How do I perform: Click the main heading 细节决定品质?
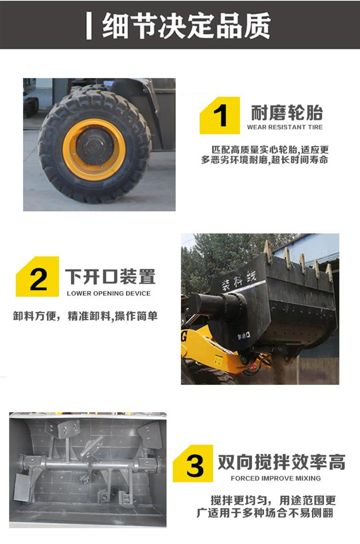[x=186, y=26]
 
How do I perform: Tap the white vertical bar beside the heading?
[x=89, y=26]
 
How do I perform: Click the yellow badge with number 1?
[x=220, y=116]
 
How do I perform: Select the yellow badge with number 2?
[x=37, y=276]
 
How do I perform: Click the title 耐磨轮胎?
[x=287, y=113]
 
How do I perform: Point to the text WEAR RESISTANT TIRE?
[x=285, y=127]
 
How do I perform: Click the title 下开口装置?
[x=110, y=276]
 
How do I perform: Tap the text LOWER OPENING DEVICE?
[x=108, y=294]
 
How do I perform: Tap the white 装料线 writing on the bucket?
[x=238, y=281]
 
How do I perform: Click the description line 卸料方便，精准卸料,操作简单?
[x=85, y=316]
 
